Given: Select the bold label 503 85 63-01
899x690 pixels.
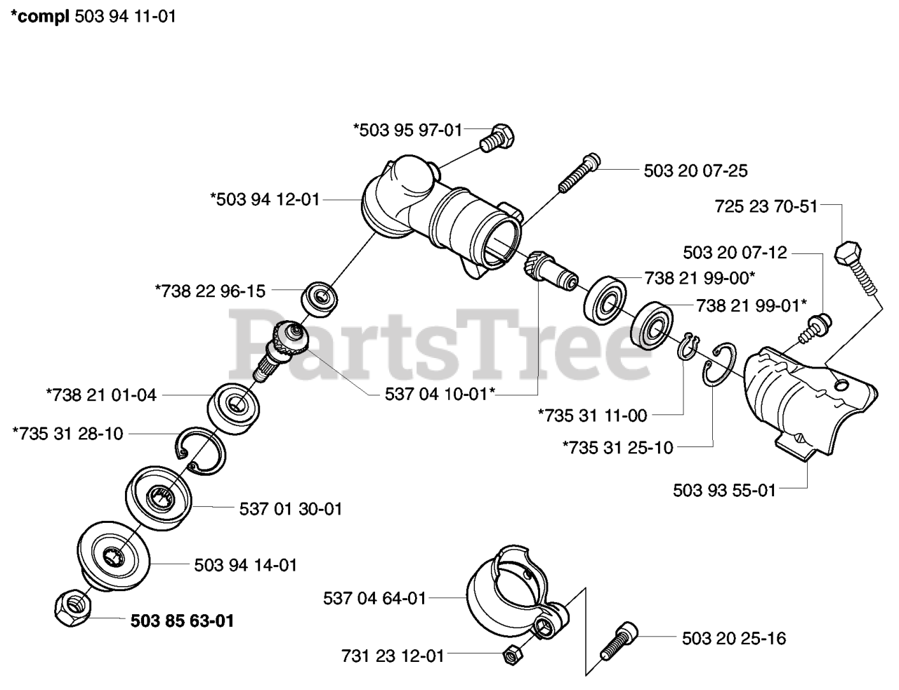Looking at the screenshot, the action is [182, 621].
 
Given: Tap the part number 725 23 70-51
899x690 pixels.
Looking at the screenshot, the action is [766, 206].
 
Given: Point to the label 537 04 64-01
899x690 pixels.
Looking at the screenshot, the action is [374, 599].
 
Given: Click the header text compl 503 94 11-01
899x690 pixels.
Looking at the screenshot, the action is [91, 16].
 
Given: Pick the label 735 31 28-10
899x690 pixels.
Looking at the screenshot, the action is [67, 434].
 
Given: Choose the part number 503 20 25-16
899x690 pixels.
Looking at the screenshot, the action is [734, 638].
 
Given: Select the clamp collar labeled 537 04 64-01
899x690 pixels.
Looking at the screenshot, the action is [516, 590].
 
